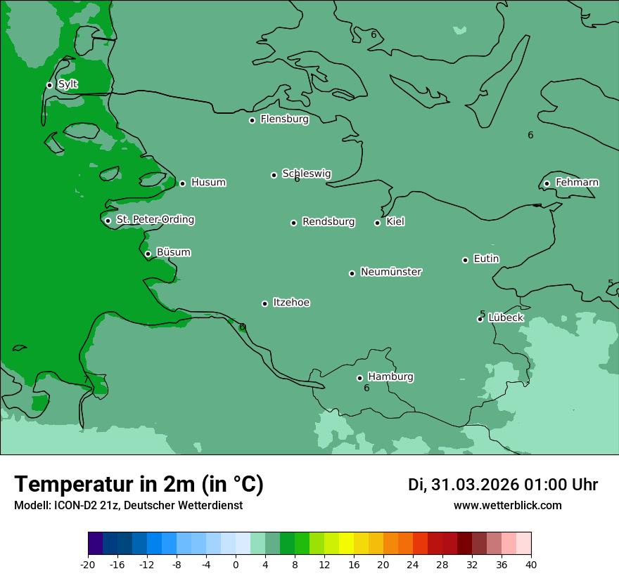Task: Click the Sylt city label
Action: point(68,84)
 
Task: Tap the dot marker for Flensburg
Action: point(252,120)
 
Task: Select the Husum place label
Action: point(208,183)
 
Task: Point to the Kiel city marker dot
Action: point(377,223)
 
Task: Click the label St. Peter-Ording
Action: point(155,220)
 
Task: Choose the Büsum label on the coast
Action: point(173,252)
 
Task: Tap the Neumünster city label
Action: point(390,272)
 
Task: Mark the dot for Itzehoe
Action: point(264,303)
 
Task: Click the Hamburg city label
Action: point(390,376)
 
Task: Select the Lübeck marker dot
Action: point(480,319)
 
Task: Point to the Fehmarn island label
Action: point(577,183)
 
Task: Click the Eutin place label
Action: point(486,258)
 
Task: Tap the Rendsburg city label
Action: point(328,222)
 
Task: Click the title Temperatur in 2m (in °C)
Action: point(139,484)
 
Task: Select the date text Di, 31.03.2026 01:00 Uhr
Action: point(503,485)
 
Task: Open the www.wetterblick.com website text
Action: point(507,506)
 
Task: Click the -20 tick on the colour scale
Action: point(88,564)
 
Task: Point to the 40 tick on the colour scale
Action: point(531,564)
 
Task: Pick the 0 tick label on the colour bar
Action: point(236,564)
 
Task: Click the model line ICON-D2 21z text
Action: point(128,506)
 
